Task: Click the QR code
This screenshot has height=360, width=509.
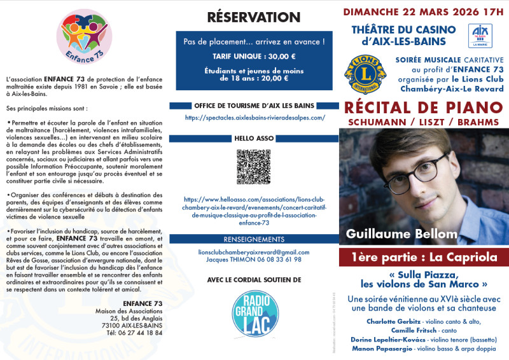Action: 254,166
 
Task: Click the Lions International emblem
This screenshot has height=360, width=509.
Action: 360,74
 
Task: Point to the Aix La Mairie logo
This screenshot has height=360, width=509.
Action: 480,36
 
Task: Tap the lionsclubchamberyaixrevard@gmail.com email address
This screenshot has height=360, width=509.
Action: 254,252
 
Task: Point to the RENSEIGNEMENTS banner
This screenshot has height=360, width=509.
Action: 254,239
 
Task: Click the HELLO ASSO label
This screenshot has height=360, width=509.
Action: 254,137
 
